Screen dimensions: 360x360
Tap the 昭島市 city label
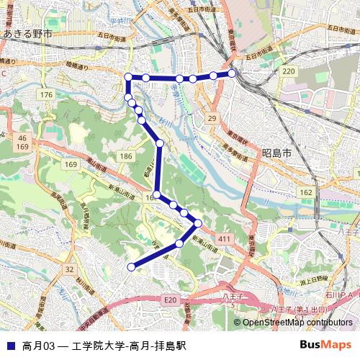276,153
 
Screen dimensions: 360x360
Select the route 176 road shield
48,96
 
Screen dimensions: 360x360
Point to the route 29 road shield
212,117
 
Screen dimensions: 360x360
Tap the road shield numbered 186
127,156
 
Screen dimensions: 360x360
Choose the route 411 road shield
225,239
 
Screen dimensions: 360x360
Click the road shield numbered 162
306,192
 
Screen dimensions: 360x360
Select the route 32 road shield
69,269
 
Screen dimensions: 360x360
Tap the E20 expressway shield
170,299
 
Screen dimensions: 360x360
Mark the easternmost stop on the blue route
233,73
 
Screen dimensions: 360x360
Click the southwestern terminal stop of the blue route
131,267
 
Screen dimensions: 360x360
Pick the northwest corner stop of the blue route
128,77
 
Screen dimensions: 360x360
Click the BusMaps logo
325,345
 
